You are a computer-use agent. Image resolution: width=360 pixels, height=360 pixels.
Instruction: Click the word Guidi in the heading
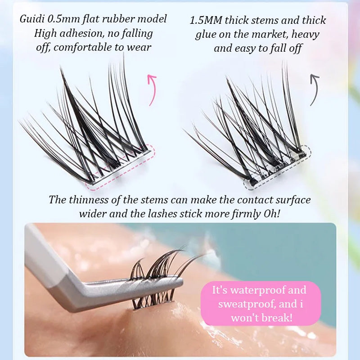coord(32,19)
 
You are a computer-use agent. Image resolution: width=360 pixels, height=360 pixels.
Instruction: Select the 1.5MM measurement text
coord(206,20)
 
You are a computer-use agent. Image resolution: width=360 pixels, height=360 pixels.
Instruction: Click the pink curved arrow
coord(152,90)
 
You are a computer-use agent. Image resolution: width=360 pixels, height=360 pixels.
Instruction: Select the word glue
coord(206,35)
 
